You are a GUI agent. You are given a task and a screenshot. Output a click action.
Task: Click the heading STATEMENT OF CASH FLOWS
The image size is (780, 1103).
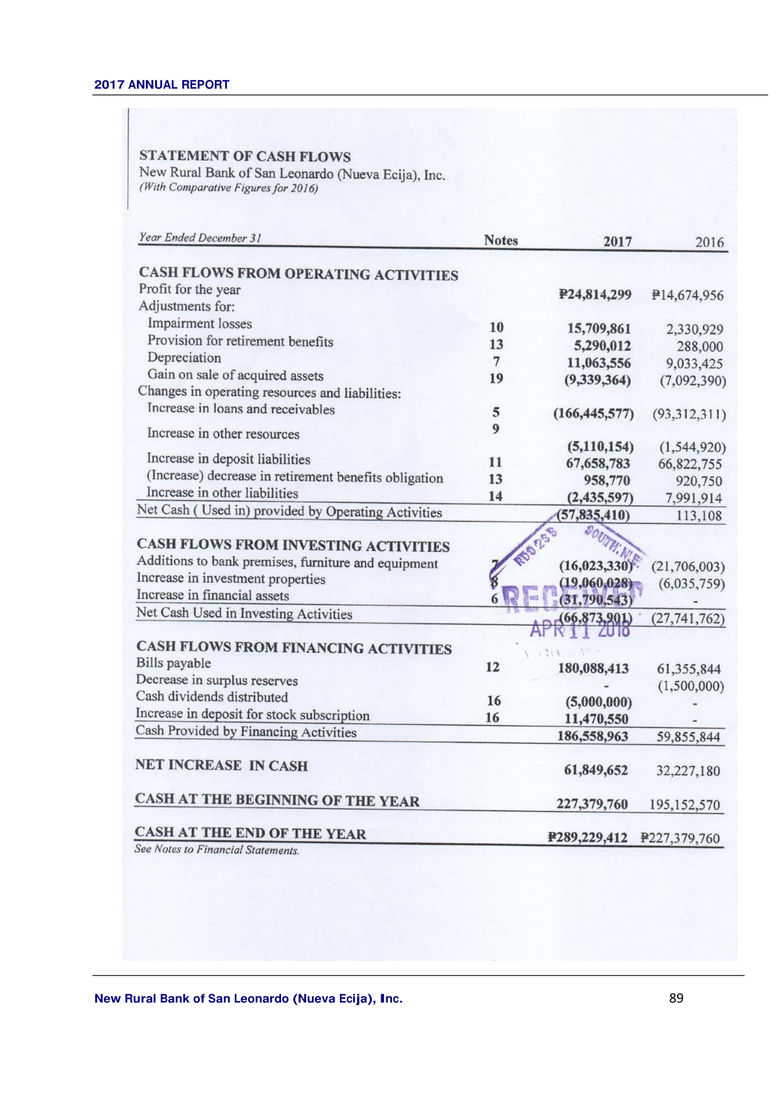pyautogui.click(x=245, y=156)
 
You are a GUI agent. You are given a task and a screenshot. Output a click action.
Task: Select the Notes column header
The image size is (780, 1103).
pyautogui.click(x=500, y=240)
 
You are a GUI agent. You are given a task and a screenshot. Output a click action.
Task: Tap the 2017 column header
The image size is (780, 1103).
pyautogui.click(x=617, y=241)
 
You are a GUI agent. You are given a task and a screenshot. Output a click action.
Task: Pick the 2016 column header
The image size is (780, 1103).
pyautogui.click(x=709, y=242)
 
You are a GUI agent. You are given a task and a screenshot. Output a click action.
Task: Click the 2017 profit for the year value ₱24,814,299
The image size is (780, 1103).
pyautogui.click(x=595, y=294)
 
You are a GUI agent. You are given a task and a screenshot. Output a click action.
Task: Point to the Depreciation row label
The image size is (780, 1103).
pyautogui.click(x=184, y=358)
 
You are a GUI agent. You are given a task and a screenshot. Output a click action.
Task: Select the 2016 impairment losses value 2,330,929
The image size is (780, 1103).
pyautogui.click(x=694, y=330)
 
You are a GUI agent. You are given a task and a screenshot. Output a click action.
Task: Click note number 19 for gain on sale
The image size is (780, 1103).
pyautogui.click(x=496, y=379)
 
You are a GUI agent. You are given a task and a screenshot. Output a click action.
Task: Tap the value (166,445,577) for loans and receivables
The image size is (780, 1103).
pyautogui.click(x=594, y=413)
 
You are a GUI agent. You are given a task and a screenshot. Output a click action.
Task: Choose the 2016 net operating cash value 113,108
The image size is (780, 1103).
pyautogui.click(x=699, y=516)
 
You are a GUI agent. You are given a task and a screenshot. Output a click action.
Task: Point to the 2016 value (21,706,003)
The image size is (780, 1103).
pyautogui.click(x=688, y=567)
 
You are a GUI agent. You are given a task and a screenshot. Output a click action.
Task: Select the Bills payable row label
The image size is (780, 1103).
pyautogui.click(x=174, y=663)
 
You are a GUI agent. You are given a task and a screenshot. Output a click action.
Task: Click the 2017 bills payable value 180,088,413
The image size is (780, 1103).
pyautogui.click(x=593, y=668)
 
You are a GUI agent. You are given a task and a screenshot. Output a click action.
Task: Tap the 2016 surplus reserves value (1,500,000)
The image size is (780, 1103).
pyautogui.click(x=691, y=686)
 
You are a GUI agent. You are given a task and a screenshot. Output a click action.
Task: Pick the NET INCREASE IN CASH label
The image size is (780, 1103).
pyautogui.click(x=222, y=765)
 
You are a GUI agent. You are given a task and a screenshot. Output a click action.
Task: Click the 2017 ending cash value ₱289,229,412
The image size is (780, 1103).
pyautogui.click(x=588, y=838)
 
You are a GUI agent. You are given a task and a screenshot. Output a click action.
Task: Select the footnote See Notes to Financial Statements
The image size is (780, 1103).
pyautogui.click(x=216, y=850)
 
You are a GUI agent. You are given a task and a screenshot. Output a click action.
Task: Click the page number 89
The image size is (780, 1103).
pyautogui.click(x=676, y=998)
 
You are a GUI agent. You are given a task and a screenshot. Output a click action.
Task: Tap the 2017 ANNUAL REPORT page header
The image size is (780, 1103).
pyautogui.click(x=162, y=84)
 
